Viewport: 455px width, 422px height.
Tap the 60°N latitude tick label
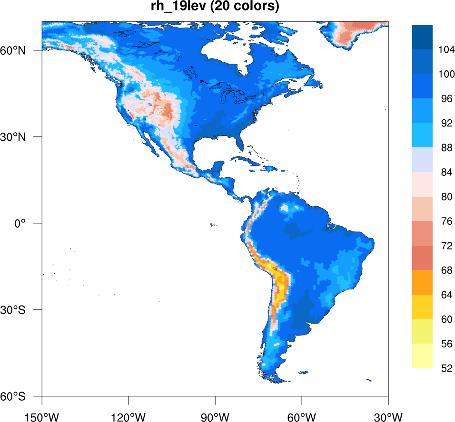(x=25, y=50)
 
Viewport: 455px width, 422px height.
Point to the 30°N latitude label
(x=25, y=137)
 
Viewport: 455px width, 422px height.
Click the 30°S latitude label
(x=25, y=310)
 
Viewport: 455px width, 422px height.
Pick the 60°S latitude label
(x=25, y=396)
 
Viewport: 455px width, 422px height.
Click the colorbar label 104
(x=445, y=50)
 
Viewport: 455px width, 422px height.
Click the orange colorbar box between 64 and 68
(x=422, y=282)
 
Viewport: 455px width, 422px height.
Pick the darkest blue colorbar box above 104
(x=422, y=37)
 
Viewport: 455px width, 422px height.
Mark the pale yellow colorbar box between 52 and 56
(x=422, y=356)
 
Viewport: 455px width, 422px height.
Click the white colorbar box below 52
(x=422, y=380)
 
